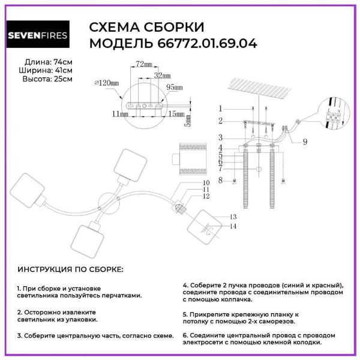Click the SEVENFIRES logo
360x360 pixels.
[37, 35]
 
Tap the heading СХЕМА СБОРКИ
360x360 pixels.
[146, 27]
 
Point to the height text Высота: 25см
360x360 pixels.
[48, 79]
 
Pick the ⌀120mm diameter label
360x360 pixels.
[106, 83]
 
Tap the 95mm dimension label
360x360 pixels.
[174, 88]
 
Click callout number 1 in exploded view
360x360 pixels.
[220, 109]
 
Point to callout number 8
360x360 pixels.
[220, 180]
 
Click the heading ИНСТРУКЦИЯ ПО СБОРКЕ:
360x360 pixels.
[70, 270]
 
